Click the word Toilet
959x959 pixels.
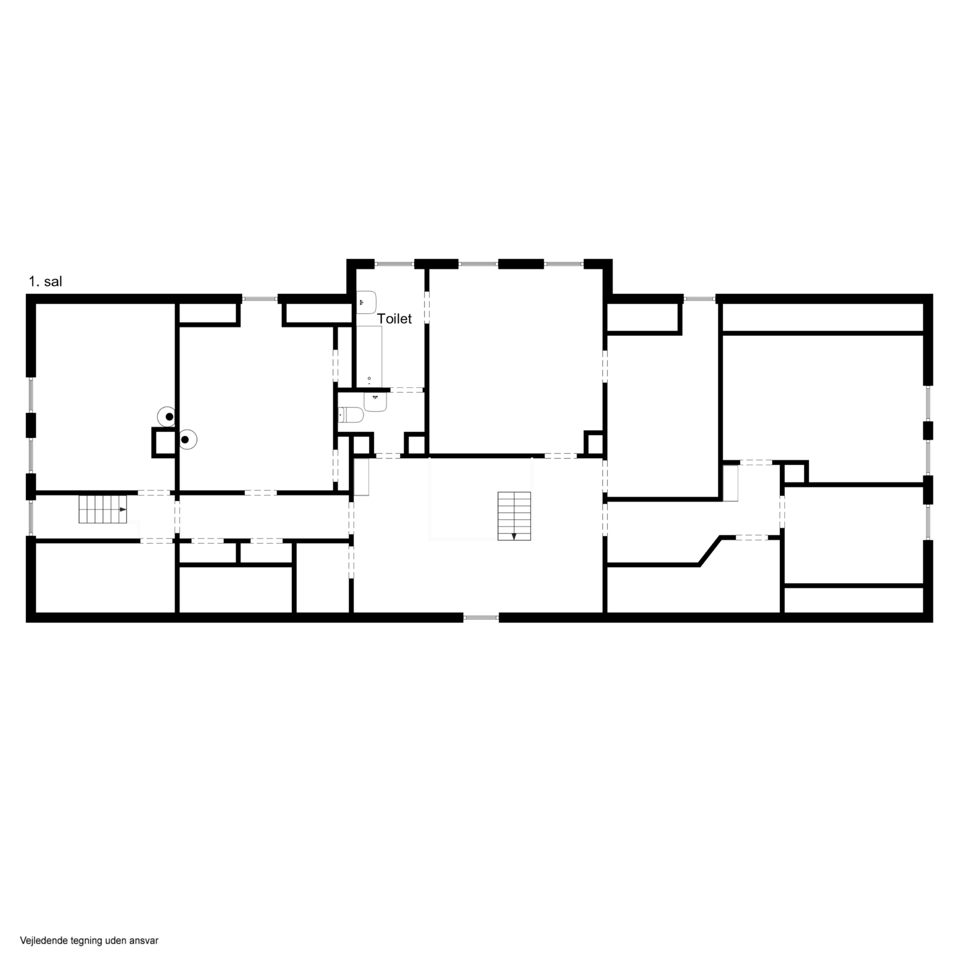tap(394, 319)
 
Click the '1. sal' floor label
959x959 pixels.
tap(45, 281)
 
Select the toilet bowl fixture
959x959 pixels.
tap(350, 415)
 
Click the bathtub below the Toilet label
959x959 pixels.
tap(369, 356)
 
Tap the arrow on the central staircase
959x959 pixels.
tap(514, 536)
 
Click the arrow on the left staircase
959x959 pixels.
tap(122, 509)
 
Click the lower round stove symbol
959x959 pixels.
tap(187, 439)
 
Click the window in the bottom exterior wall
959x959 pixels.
tap(481, 617)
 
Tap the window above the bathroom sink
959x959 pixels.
tap(394, 264)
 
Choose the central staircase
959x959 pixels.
tap(514, 516)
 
